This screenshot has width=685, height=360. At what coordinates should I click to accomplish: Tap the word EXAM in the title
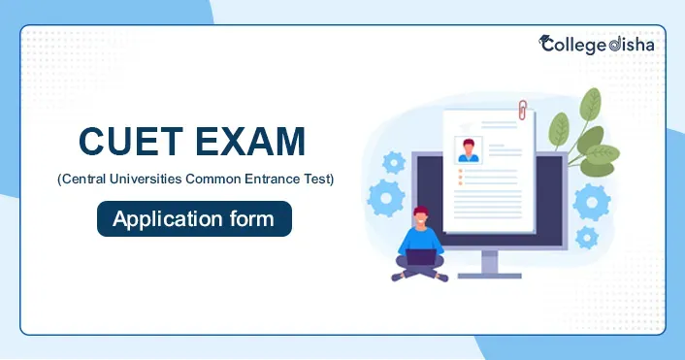[x=248, y=144]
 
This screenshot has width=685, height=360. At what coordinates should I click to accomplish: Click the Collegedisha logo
[x=596, y=44]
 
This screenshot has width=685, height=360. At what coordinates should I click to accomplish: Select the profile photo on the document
[x=469, y=151]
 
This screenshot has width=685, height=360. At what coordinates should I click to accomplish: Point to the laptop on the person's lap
[x=421, y=256]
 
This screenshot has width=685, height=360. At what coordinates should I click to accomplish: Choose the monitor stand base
[x=491, y=273]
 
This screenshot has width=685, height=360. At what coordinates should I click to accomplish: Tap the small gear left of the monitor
[x=394, y=161]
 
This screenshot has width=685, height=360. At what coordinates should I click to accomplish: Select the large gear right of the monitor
[x=590, y=203]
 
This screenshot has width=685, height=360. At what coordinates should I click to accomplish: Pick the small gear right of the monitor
[x=587, y=237]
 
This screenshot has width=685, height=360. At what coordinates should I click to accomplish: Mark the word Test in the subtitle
[x=316, y=180]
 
